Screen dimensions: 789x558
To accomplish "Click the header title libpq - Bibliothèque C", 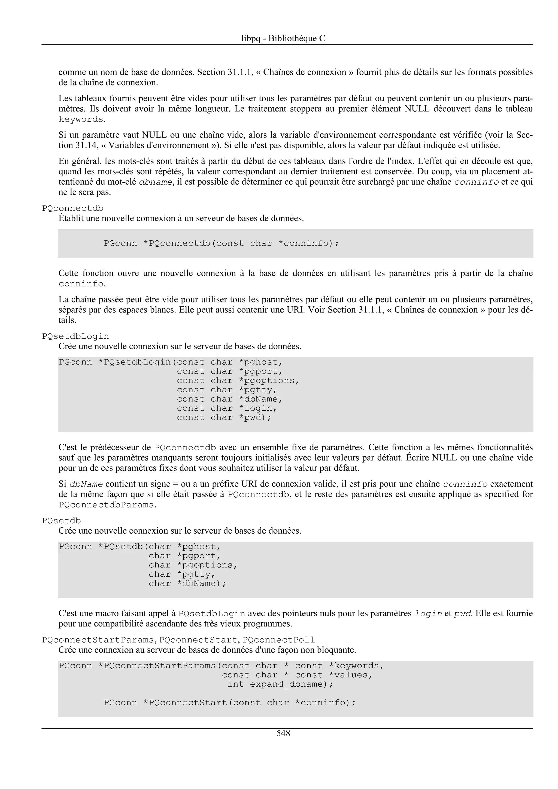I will (x=283, y=38).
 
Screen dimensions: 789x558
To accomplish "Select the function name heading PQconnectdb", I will (x=72, y=208).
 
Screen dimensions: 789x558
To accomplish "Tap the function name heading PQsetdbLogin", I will (x=75, y=336).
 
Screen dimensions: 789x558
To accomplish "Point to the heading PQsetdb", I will (x=61, y=521).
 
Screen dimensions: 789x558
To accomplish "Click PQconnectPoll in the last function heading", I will (x=278, y=640).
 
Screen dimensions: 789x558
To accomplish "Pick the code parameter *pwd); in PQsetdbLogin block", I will (x=255, y=418).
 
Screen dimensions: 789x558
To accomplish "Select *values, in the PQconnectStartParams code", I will (x=350, y=675).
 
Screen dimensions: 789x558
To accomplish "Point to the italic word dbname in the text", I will (x=155, y=182).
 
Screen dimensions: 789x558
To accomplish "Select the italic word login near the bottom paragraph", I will (x=428, y=613).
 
